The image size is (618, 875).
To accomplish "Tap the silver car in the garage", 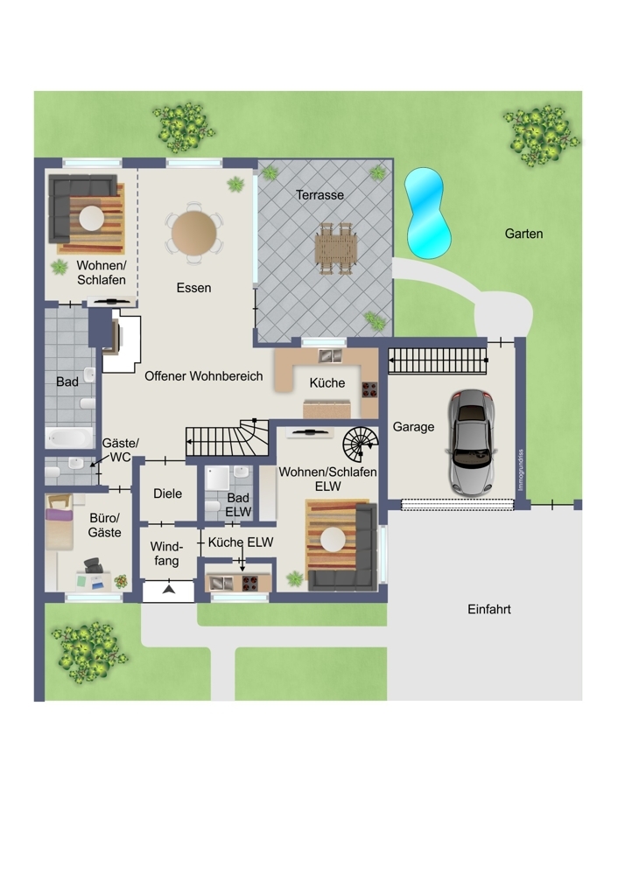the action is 472,443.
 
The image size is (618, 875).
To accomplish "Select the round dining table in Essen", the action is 193,233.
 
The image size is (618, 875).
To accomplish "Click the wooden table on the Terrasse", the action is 335,248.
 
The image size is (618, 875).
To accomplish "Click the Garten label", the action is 523,234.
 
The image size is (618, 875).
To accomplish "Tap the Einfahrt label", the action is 489,609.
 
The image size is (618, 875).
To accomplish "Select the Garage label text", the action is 413,427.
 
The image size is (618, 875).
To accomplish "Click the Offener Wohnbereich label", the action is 204,376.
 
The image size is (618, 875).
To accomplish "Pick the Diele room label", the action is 167,493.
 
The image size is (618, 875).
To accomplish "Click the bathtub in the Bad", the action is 69,437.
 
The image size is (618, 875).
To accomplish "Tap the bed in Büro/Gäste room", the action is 60,522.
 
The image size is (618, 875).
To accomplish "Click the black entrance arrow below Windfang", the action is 169,589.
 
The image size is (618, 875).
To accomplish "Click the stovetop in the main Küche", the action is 369,389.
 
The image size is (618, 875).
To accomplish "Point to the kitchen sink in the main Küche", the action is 330,355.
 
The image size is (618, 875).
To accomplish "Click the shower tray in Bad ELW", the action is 218,479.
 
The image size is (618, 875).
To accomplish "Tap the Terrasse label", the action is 320,195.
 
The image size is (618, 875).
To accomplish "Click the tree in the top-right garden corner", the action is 540,135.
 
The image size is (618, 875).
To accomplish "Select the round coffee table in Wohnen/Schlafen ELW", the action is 333,540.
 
